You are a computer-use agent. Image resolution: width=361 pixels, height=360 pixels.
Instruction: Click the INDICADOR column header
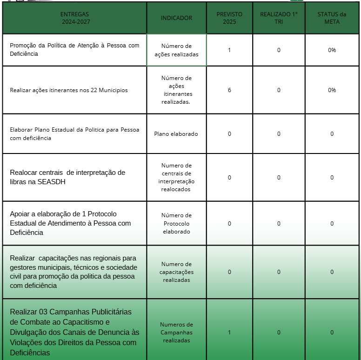click(x=176, y=18)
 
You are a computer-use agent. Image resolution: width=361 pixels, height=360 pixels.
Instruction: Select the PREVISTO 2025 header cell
click(x=229, y=18)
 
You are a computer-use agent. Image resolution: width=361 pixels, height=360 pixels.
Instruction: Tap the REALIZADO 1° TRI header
click(x=279, y=18)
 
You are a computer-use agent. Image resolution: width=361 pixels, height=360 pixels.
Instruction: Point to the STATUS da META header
click(x=332, y=18)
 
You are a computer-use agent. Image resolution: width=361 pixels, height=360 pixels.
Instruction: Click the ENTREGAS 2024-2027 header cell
click(x=74, y=18)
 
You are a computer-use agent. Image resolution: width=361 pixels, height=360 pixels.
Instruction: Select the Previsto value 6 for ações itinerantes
click(x=229, y=90)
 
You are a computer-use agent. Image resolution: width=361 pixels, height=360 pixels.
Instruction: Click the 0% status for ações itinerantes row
click(x=332, y=90)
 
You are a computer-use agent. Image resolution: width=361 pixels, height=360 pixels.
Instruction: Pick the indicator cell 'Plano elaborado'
click(x=176, y=134)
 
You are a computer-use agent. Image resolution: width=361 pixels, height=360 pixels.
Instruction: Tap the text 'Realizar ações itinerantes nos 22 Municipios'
click(x=69, y=90)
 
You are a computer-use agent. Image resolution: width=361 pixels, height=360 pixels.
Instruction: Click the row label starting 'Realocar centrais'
click(x=67, y=177)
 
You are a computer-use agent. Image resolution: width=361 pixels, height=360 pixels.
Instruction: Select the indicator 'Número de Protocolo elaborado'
click(x=176, y=223)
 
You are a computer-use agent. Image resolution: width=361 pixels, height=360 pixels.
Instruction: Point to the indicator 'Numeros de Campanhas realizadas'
click(x=176, y=332)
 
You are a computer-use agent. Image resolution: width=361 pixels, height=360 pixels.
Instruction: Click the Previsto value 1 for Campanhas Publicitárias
click(x=229, y=332)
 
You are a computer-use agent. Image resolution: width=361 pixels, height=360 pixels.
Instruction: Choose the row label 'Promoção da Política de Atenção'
click(x=74, y=50)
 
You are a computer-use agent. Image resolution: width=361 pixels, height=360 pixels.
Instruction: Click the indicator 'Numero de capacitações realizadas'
click(x=176, y=272)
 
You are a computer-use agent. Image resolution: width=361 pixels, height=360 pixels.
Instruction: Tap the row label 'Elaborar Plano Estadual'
click(x=74, y=134)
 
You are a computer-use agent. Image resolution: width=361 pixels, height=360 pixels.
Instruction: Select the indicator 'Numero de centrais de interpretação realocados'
click(x=176, y=177)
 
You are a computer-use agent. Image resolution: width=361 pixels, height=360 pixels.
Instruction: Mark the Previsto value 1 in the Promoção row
click(x=229, y=50)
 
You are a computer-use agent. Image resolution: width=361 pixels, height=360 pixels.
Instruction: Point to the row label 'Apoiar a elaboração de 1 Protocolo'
click(x=70, y=223)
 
